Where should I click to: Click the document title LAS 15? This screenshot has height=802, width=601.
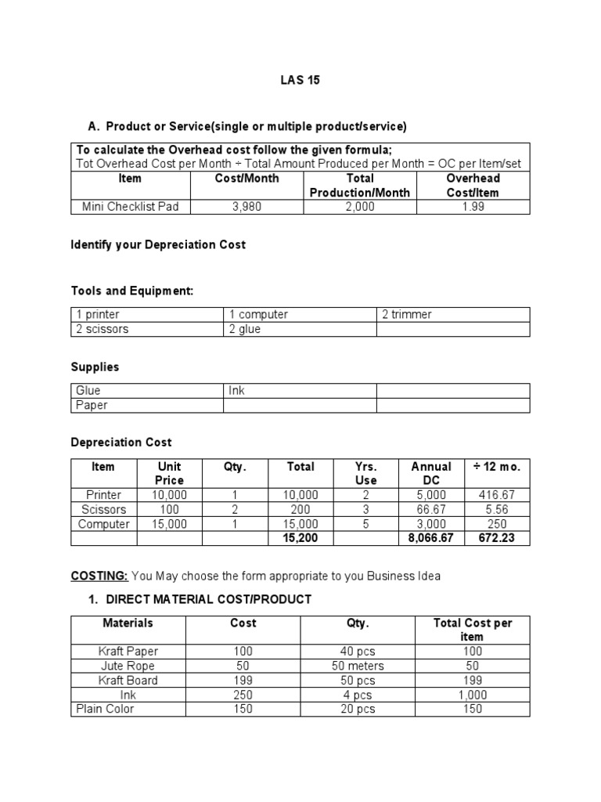[300, 80]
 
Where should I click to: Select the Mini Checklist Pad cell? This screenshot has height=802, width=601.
[130, 207]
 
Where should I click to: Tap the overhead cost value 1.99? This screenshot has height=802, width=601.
[473, 207]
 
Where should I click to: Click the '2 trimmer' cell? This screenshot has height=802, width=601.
[407, 314]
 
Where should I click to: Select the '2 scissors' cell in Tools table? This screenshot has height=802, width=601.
[103, 329]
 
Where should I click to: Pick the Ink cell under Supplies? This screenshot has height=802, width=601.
[237, 390]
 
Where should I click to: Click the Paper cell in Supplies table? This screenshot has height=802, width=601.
[92, 405]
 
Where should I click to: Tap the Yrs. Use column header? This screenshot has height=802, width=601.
[365, 473]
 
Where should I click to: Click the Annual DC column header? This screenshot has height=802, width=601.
[431, 473]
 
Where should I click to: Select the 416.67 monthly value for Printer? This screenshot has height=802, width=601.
[497, 495]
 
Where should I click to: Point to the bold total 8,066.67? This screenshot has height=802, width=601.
[431, 539]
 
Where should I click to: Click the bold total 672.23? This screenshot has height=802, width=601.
[497, 539]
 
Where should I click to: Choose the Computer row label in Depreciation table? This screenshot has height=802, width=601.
[104, 524]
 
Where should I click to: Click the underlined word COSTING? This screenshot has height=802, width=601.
[99, 576]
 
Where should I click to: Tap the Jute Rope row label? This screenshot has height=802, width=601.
[128, 666]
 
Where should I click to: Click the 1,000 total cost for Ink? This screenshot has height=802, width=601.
[472, 695]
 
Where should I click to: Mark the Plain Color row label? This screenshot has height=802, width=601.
[106, 709]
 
